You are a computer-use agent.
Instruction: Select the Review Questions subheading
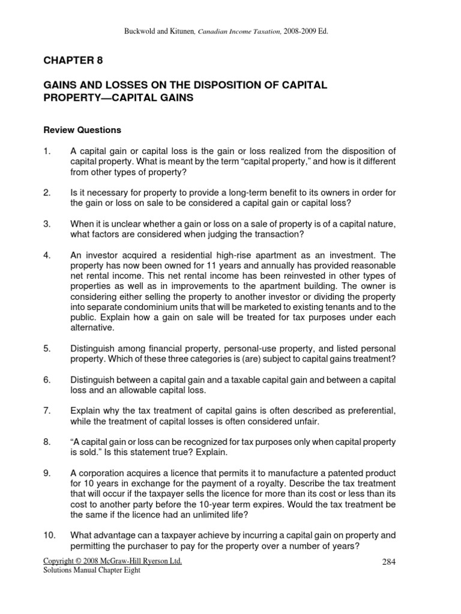[82, 130]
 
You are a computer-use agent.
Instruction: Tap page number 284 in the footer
[390, 562]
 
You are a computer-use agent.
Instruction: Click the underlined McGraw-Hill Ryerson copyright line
[113, 561]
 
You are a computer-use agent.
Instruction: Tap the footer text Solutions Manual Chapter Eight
[92, 570]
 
